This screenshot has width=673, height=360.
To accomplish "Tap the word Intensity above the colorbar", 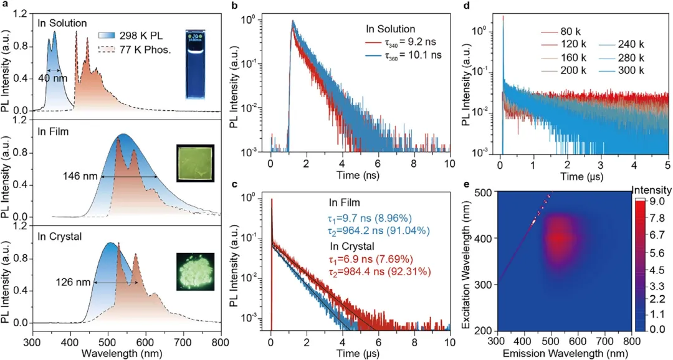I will coord(651,189).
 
